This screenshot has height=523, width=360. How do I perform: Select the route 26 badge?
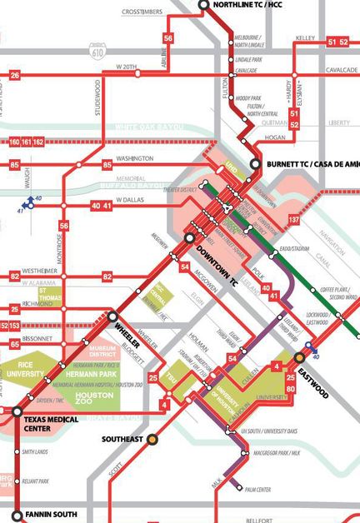[x=14, y=76]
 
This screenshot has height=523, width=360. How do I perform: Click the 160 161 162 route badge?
[x=26, y=142]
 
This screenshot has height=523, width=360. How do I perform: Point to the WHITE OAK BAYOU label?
[x=147, y=127]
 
